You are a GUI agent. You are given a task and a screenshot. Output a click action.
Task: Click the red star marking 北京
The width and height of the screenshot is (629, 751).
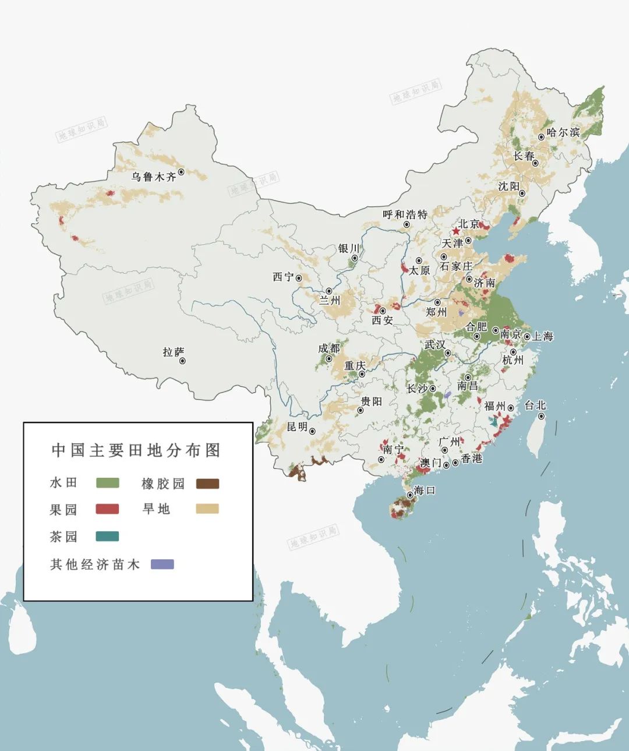pyautogui.click(x=455, y=231)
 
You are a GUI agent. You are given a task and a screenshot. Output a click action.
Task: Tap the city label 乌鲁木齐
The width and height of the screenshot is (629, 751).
pyautogui.click(x=153, y=177)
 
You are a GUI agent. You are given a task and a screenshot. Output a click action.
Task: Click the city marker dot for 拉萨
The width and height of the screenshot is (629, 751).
pyautogui.click(x=182, y=361)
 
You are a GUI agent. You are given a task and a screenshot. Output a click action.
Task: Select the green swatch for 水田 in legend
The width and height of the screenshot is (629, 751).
pyautogui.click(x=107, y=483)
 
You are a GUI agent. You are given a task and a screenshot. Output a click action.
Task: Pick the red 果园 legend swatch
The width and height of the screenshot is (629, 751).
pyautogui.click(x=107, y=509)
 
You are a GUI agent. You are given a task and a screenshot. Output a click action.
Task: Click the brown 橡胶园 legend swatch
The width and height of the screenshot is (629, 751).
pyautogui.click(x=207, y=484)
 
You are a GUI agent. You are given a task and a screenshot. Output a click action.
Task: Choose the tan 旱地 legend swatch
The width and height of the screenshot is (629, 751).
pyautogui.click(x=207, y=509)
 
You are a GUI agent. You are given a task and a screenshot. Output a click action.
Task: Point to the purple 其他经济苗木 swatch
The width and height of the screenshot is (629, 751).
pyautogui.click(x=162, y=564)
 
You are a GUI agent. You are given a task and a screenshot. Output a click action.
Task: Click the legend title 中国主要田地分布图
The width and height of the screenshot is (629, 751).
pyautogui.click(x=136, y=450)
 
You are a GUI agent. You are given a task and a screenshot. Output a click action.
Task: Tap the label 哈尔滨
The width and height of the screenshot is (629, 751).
pyautogui.click(x=563, y=132)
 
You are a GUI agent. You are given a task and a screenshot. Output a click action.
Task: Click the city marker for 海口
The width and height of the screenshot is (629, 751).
pyautogui.click(x=410, y=494)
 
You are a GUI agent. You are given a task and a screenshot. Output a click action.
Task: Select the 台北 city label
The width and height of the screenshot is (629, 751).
pyautogui.click(x=535, y=406)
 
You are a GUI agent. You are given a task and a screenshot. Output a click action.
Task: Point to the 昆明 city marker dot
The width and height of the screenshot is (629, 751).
pyautogui.click(x=313, y=432)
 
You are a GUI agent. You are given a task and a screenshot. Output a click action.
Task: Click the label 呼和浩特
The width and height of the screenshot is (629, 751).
pyautogui.click(x=405, y=214)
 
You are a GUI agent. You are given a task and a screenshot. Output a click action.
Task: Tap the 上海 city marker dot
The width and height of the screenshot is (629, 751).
pyautogui.click(x=527, y=337)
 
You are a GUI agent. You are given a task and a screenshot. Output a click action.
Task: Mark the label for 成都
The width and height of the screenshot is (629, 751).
pyautogui.click(x=328, y=348)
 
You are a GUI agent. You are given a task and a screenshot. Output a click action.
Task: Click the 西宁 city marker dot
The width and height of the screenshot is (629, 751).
pyautogui.click(x=299, y=278)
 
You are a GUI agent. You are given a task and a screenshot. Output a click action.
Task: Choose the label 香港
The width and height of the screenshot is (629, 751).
pyautogui.click(x=472, y=459)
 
